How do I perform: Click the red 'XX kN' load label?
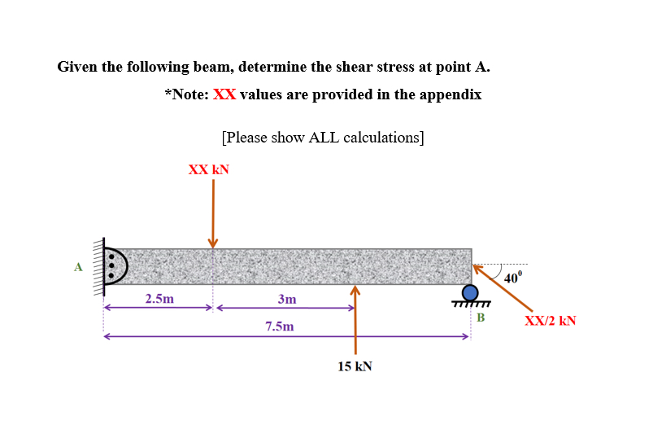tap(209, 169)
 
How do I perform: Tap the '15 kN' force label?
tap(355, 366)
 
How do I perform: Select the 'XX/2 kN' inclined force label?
tap(551, 320)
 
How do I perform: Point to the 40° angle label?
tap(513, 278)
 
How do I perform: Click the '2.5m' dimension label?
tap(159, 299)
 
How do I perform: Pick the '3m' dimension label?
tap(286, 299)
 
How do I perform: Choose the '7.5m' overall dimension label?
tap(280, 326)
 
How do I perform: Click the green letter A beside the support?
tap(78, 265)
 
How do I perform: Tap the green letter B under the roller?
tap(480, 316)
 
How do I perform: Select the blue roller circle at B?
tap(470, 291)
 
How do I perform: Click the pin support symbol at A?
tap(115, 265)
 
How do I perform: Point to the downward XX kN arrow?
tap(213, 212)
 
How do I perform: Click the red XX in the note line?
tap(224, 94)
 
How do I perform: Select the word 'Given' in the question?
tap(78, 66)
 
